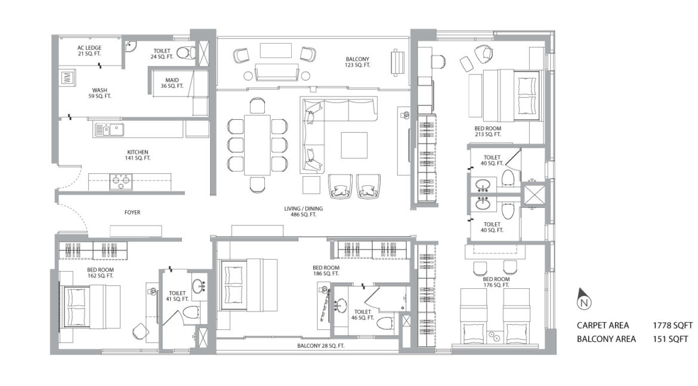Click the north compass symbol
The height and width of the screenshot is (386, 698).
coord(585,299)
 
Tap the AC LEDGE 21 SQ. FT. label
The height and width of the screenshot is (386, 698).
coord(89,51)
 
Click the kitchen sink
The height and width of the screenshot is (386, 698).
coord(109,130)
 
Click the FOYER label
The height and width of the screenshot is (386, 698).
coord(132,213)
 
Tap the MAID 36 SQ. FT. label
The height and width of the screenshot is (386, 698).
coord(172,83)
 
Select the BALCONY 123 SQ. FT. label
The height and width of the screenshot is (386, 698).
coord(358,62)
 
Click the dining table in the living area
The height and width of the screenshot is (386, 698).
coord(257,145)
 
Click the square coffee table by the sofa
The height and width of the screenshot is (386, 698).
coord(354,145)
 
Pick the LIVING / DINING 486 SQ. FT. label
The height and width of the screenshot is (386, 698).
coord(304,211)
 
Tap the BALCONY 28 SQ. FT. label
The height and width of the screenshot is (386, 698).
coord(321,345)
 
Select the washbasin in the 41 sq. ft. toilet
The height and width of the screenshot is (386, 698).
coord(199,285)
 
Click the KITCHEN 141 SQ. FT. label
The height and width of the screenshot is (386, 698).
coord(138,155)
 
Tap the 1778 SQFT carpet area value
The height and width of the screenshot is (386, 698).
coord(672,325)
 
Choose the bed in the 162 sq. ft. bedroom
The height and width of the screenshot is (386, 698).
coord(90,306)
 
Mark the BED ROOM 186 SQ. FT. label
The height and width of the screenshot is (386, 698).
coord(326,270)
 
